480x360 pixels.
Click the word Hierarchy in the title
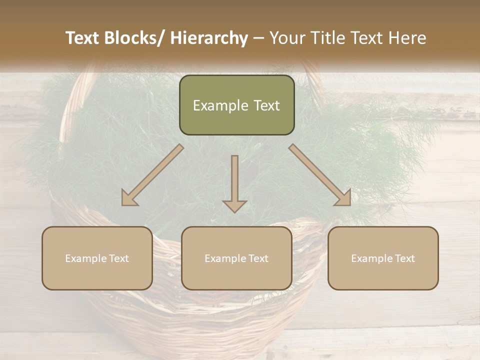[x=209, y=38]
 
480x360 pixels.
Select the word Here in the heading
[x=408, y=38]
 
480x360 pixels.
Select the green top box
[x=236, y=105]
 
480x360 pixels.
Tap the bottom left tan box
[x=97, y=258]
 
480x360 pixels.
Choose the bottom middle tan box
[x=236, y=258]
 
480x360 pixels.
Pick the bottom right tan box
[x=383, y=258]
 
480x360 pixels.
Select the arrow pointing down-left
[x=152, y=175]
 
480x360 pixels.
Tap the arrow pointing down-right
[x=320, y=175]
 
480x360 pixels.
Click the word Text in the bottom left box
[x=118, y=258]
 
